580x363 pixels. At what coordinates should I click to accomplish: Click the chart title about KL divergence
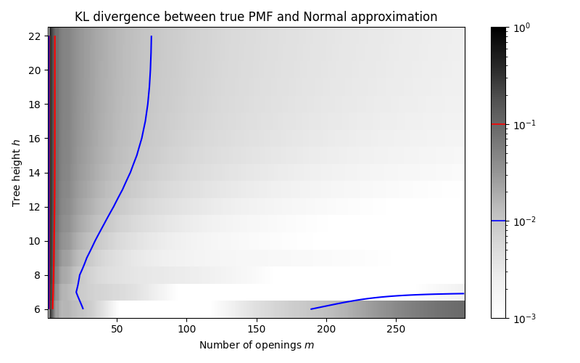256,17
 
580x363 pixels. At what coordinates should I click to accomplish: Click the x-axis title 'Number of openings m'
257,345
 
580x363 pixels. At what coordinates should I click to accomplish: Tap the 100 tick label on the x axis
186,328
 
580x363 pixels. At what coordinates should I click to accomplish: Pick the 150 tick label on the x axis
257,328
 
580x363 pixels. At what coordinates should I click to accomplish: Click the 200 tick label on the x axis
326,328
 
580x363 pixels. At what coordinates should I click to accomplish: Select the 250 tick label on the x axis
396,328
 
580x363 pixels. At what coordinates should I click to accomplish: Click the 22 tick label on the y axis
35,36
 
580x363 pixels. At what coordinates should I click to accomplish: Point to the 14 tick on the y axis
35,173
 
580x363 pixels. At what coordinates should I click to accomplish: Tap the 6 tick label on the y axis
38,309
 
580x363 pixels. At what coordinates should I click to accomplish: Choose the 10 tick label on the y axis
35,241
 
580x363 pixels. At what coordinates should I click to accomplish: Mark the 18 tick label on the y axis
35,105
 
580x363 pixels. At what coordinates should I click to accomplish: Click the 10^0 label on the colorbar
521,27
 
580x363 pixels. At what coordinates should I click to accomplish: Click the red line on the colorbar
498,124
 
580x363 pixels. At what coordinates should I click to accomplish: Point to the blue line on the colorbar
498,221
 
